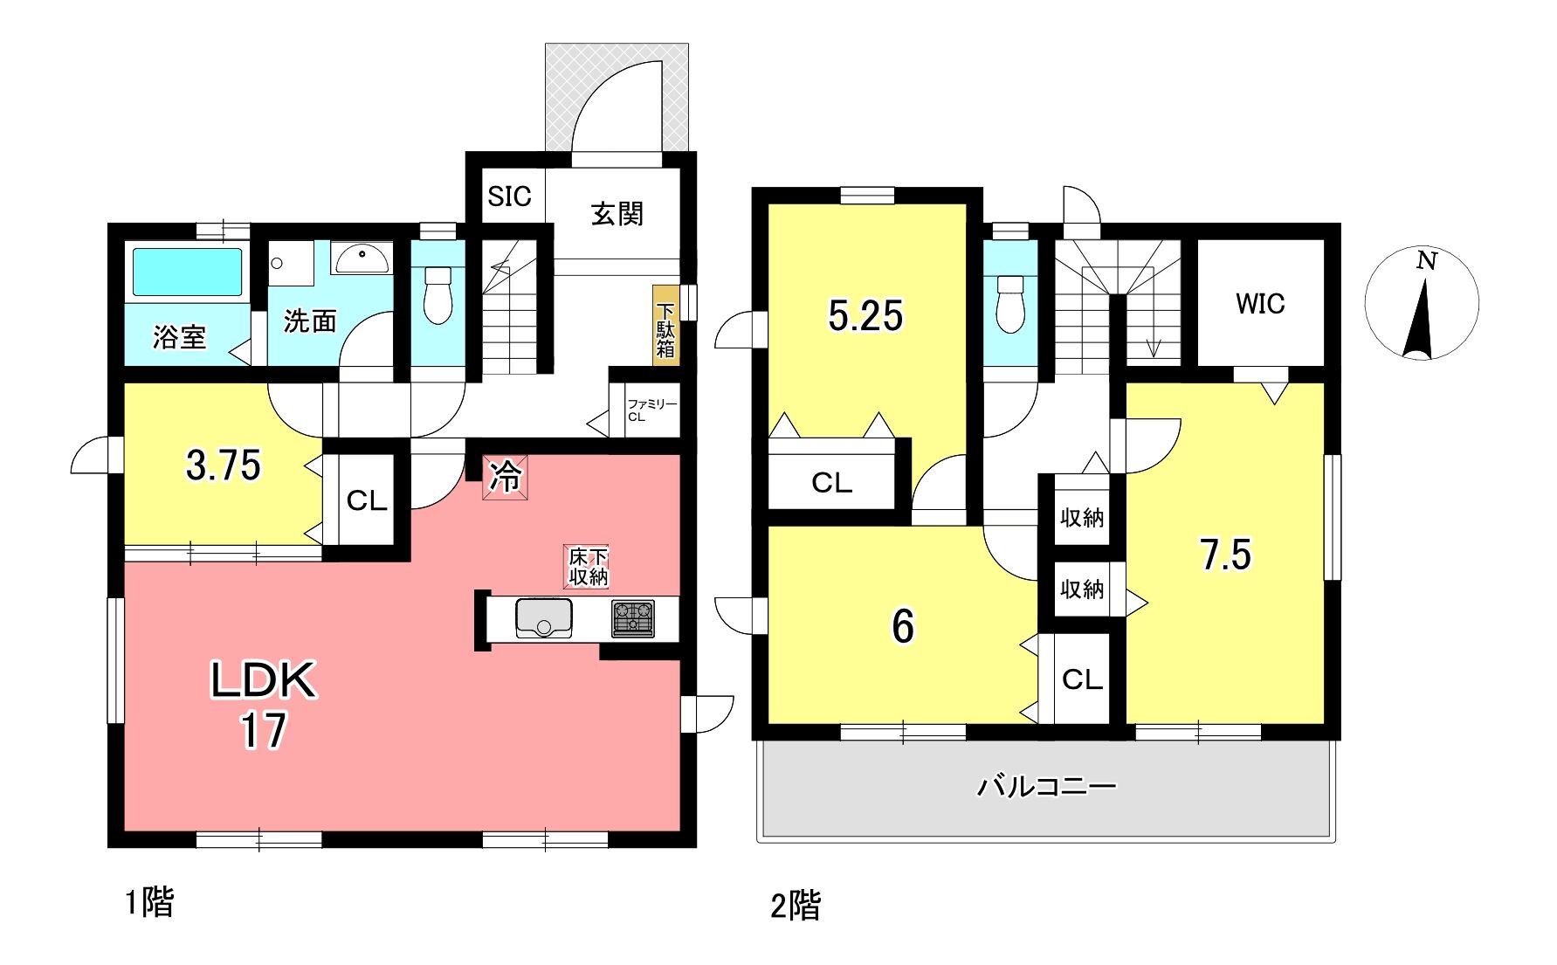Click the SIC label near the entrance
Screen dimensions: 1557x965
coord(509,196)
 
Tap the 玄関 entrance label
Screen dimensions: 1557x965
coord(617,214)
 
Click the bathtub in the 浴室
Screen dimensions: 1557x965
coord(187,272)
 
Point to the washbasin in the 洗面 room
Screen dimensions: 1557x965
coord(362,258)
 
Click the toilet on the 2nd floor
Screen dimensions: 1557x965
coord(1010,304)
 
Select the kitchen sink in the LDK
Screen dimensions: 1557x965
coord(544,617)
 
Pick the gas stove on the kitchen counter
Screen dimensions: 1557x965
coord(632,618)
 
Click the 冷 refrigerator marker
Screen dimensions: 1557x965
coord(505,477)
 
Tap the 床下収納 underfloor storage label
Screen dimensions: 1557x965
coord(588,567)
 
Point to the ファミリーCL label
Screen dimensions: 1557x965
coord(651,410)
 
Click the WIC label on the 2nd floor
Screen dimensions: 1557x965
coord(1260,304)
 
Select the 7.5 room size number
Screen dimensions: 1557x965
coord(1225,555)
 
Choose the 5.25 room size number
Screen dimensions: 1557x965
coord(865,315)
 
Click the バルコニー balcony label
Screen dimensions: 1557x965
coord(1046,787)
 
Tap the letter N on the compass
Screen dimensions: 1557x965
coord(1427,260)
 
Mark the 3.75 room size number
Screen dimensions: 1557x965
coord(224,465)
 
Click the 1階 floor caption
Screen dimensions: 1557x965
coord(149,902)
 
